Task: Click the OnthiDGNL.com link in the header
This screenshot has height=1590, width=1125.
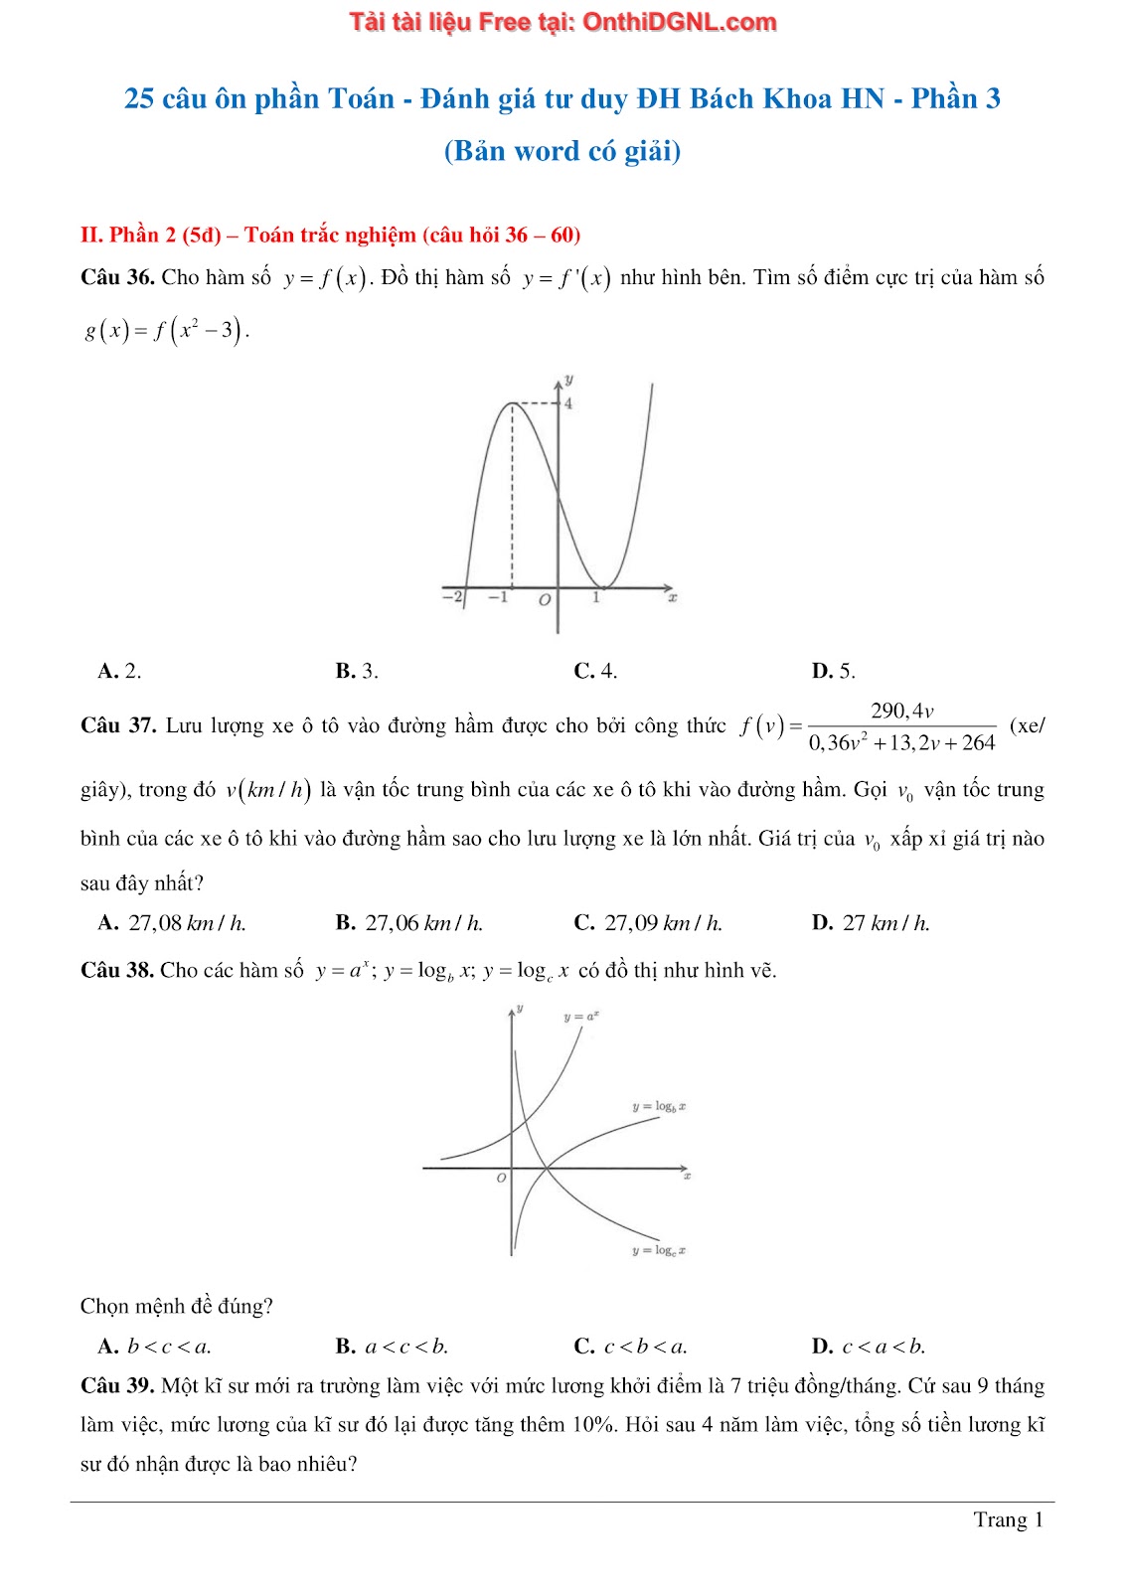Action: (679, 22)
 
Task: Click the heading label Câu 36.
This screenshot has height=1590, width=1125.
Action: (117, 277)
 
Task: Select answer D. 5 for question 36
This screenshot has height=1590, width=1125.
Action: (833, 671)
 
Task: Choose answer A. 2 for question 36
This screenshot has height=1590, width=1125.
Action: (119, 671)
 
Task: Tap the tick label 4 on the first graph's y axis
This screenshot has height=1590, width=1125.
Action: (568, 403)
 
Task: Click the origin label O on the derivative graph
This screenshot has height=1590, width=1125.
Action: (544, 600)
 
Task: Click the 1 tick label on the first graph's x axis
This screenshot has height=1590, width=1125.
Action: (596, 597)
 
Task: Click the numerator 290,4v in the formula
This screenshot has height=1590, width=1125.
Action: (901, 711)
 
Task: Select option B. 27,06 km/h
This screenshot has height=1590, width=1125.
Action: (409, 923)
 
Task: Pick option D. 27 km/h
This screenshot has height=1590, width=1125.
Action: (871, 923)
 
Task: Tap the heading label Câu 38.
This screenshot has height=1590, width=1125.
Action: (117, 970)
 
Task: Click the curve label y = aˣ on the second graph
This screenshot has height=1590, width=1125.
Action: (581, 1017)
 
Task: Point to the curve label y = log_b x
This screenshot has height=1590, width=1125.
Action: (659, 1106)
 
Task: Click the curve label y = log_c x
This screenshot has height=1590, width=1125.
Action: (659, 1250)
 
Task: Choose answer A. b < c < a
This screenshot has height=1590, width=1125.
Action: (155, 1347)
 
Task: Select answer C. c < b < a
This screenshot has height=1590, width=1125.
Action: (631, 1347)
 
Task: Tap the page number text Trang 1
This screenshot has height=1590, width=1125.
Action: (1008, 1519)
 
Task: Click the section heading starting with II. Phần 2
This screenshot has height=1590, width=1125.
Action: (330, 235)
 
